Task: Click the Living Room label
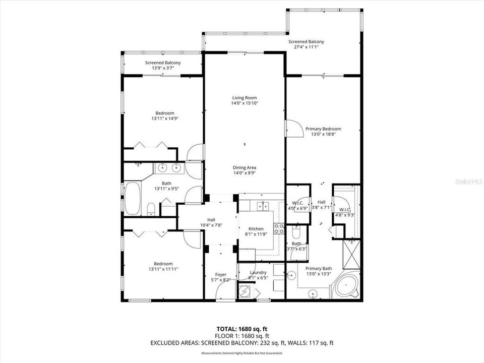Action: point(245,98)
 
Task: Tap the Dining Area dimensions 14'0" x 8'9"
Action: point(245,173)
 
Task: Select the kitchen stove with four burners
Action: point(279,228)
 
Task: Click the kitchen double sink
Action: point(262,206)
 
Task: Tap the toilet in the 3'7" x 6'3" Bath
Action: point(296,232)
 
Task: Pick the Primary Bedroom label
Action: point(323,129)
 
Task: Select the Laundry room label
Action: point(258,273)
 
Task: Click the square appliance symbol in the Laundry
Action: point(246,292)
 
